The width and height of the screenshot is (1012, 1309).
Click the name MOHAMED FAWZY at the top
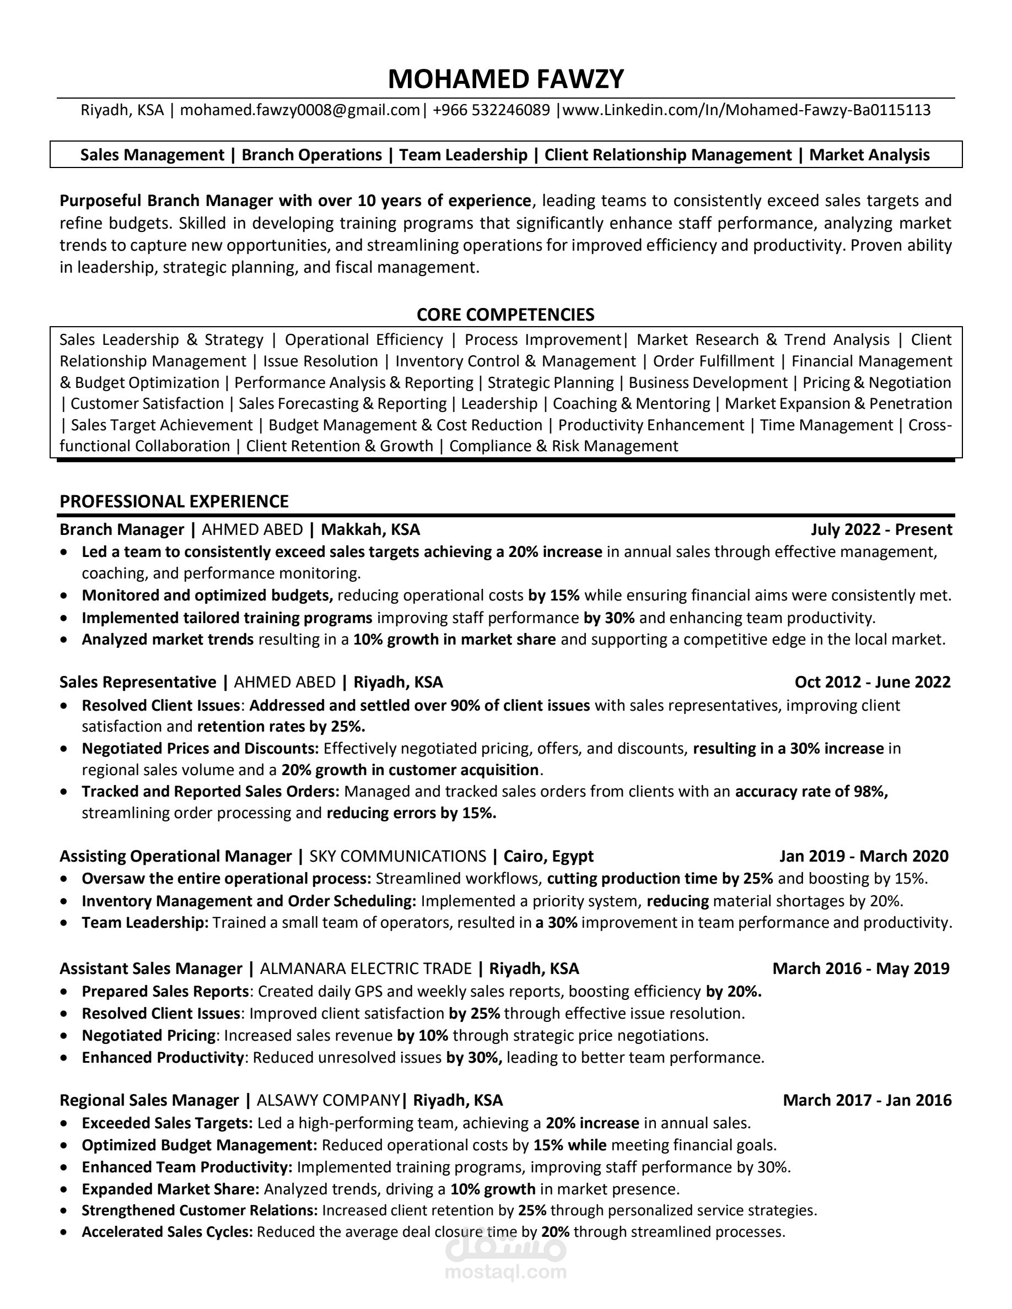[x=505, y=79]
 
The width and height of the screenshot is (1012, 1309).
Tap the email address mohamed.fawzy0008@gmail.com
[x=300, y=110]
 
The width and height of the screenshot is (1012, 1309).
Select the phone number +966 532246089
[x=491, y=110]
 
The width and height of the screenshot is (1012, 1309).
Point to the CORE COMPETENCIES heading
[x=505, y=315]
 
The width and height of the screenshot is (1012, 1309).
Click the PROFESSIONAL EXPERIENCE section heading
[x=174, y=501]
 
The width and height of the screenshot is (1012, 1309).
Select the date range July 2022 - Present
[x=881, y=530]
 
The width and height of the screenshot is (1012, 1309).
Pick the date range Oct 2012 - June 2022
[x=873, y=682]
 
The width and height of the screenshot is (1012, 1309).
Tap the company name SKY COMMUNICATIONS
[x=397, y=856]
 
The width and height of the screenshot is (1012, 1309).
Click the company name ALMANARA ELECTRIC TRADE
[x=365, y=969]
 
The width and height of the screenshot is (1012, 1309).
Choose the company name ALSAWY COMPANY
[x=328, y=1100]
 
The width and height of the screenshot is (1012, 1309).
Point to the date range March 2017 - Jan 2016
[x=867, y=1100]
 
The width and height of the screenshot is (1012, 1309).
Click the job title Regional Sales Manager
[x=149, y=1100]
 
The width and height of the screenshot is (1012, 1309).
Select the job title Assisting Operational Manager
[x=175, y=856]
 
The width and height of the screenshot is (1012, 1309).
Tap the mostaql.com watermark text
[x=505, y=1272]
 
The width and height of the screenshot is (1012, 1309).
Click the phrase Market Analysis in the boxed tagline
[x=869, y=155]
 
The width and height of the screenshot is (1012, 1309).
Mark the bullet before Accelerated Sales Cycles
[x=64, y=1233]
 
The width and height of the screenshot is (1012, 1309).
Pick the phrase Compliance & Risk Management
[x=563, y=446]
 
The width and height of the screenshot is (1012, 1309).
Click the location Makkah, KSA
[x=370, y=530]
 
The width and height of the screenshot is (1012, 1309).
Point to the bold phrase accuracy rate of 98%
[x=811, y=792]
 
